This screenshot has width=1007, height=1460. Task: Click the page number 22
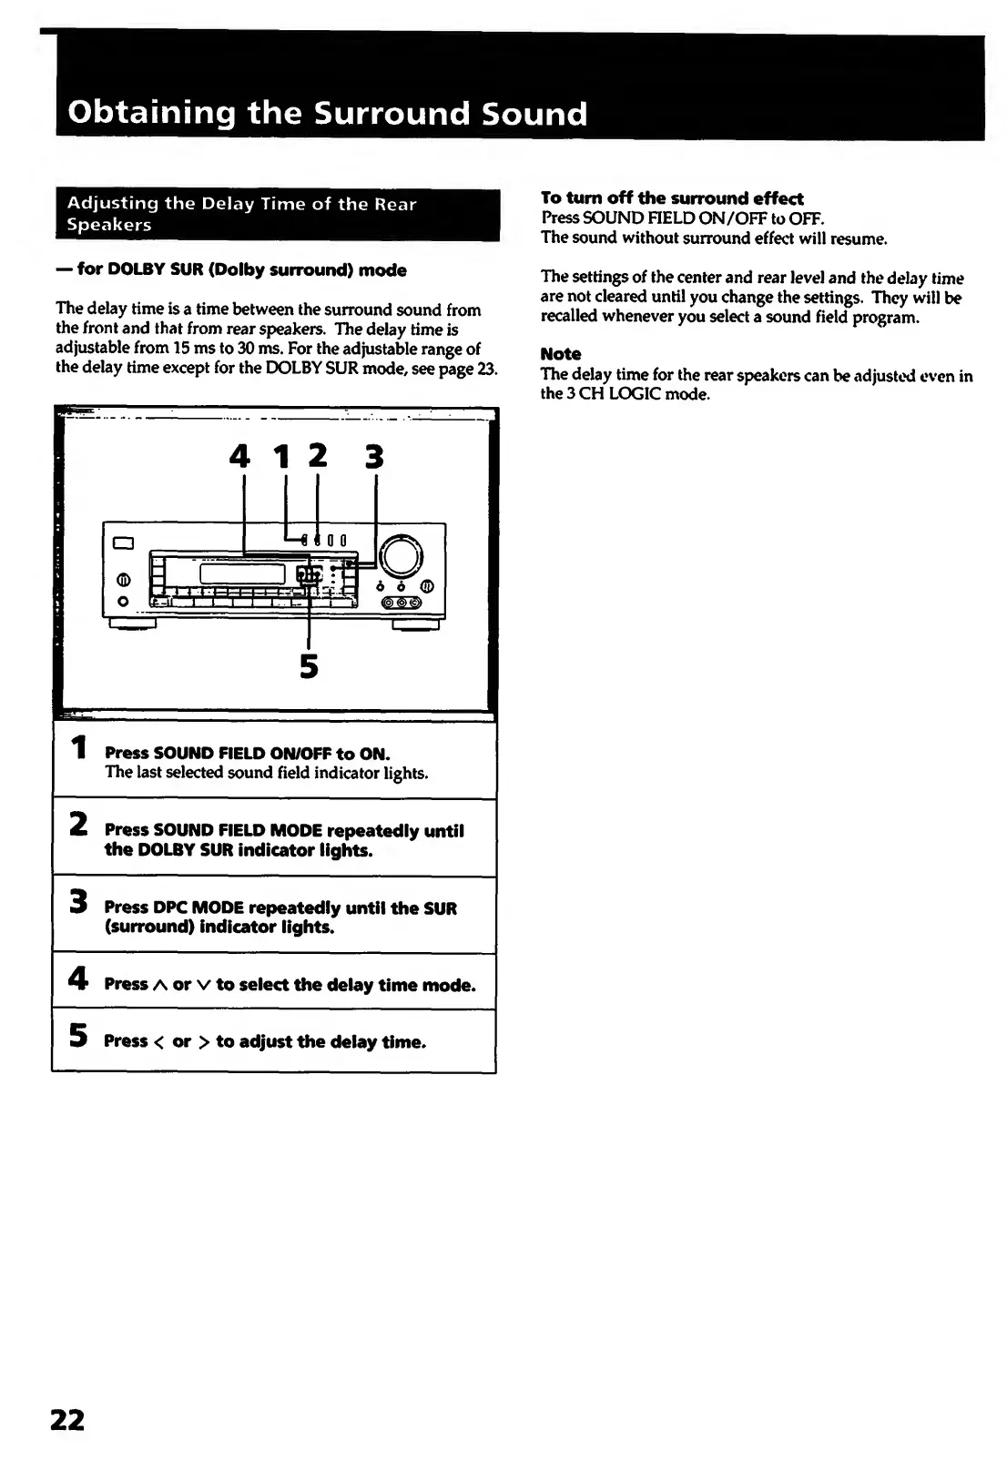coord(66,1419)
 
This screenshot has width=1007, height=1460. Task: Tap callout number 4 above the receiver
coord(239,455)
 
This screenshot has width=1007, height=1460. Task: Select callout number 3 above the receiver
coord(374,455)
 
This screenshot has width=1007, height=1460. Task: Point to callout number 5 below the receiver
coord(310,667)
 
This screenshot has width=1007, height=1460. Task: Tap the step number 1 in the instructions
coord(80,748)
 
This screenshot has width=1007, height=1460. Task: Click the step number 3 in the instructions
coord(79,901)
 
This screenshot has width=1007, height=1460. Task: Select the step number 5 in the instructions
coord(79,1035)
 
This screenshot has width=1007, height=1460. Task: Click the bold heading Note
coord(561,354)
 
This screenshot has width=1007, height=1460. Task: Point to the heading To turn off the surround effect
coord(672,198)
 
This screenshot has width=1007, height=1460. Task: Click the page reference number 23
coord(488,368)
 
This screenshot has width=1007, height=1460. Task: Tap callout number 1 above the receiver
coord(282,455)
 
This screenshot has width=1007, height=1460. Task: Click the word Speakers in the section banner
coord(109,225)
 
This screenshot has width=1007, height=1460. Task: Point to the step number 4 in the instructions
coord(78,978)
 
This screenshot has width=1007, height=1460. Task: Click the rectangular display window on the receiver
coord(241,573)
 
